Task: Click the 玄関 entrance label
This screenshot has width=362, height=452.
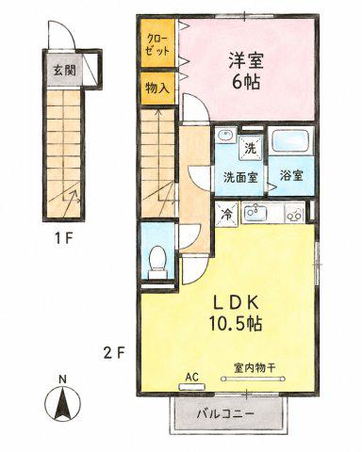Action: coord(64,70)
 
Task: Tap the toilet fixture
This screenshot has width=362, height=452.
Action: coord(156,262)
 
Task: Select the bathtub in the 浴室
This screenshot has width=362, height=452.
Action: coord(291,141)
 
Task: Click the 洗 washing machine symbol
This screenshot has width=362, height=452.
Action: coord(251,148)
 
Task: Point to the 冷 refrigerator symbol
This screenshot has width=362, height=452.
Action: coord(227,214)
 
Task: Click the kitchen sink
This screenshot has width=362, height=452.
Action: coord(255,213)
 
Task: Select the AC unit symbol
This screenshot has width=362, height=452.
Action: coord(191,386)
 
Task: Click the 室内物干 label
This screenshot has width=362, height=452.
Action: coord(255,367)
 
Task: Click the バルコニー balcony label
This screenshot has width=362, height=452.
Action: coord(225,414)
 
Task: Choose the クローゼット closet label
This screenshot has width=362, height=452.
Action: coord(158,45)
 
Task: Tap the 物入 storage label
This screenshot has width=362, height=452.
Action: coord(157,89)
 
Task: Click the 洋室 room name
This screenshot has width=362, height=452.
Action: coord(246,60)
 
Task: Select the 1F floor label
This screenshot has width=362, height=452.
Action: coord(64,240)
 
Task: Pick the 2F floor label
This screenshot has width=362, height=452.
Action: coord(114,354)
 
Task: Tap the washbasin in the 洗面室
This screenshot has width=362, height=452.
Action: coord(226,136)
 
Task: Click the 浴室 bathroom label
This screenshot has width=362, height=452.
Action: coord(291,176)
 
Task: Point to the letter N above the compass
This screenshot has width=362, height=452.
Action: coord(63,379)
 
